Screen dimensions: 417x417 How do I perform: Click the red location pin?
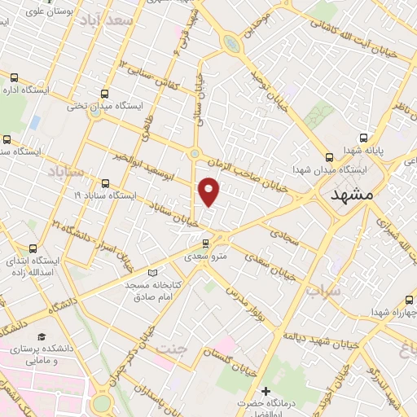pyautogui.click(x=209, y=191)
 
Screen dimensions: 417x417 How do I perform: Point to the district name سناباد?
pyautogui.click(x=65, y=173)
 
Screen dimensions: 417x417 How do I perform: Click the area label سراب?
pyautogui.click(x=323, y=290)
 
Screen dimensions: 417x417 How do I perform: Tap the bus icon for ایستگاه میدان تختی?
pyautogui.click(x=104, y=93)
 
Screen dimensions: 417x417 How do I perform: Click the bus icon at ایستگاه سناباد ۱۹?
pyautogui.click(x=104, y=182)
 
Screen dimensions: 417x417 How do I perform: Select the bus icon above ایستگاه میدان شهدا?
pyautogui.click(x=329, y=157)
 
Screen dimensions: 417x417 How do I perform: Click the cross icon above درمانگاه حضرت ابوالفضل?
pyautogui.click(x=265, y=392)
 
